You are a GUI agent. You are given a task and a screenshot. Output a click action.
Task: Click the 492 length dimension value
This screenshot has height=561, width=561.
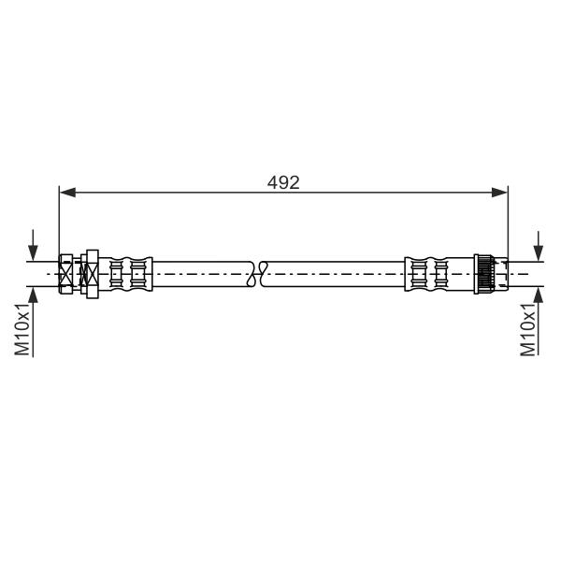point(283,183)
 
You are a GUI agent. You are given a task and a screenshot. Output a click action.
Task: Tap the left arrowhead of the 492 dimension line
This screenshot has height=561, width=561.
point(67,192)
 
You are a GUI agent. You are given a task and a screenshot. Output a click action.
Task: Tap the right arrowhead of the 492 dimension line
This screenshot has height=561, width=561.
point(499,192)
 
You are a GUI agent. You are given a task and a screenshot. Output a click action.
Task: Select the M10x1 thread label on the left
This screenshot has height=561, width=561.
point(22,329)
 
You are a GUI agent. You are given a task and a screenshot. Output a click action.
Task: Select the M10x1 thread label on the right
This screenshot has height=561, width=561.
point(527,329)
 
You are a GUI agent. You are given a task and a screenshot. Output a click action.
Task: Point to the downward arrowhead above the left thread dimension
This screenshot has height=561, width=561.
point(33,253)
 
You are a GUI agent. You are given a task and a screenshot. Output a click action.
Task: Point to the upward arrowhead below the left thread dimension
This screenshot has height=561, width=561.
point(33,295)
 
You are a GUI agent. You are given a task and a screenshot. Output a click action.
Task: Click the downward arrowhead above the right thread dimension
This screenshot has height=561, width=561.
point(539,253)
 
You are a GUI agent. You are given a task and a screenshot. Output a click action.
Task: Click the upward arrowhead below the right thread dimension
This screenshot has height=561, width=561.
point(539,295)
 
